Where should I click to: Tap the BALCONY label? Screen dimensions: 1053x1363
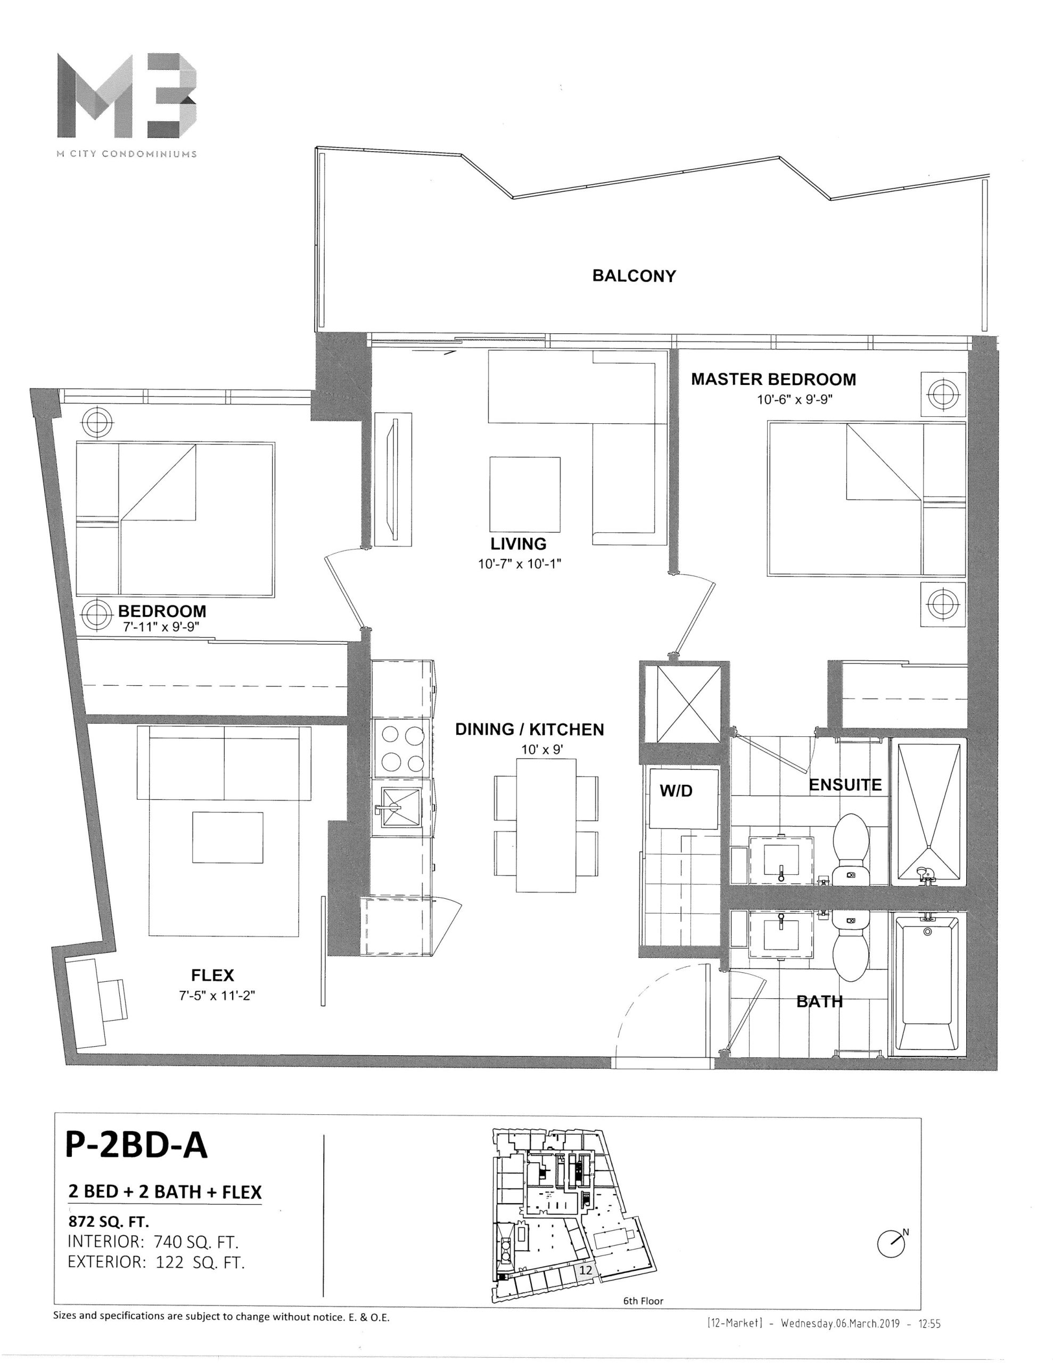[x=634, y=276]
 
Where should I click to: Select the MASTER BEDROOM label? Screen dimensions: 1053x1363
[x=774, y=379]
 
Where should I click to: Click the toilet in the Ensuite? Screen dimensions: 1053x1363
[x=851, y=848]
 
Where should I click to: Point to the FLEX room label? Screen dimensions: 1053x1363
[x=212, y=975]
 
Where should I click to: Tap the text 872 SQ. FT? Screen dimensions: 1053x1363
[x=109, y=1220]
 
